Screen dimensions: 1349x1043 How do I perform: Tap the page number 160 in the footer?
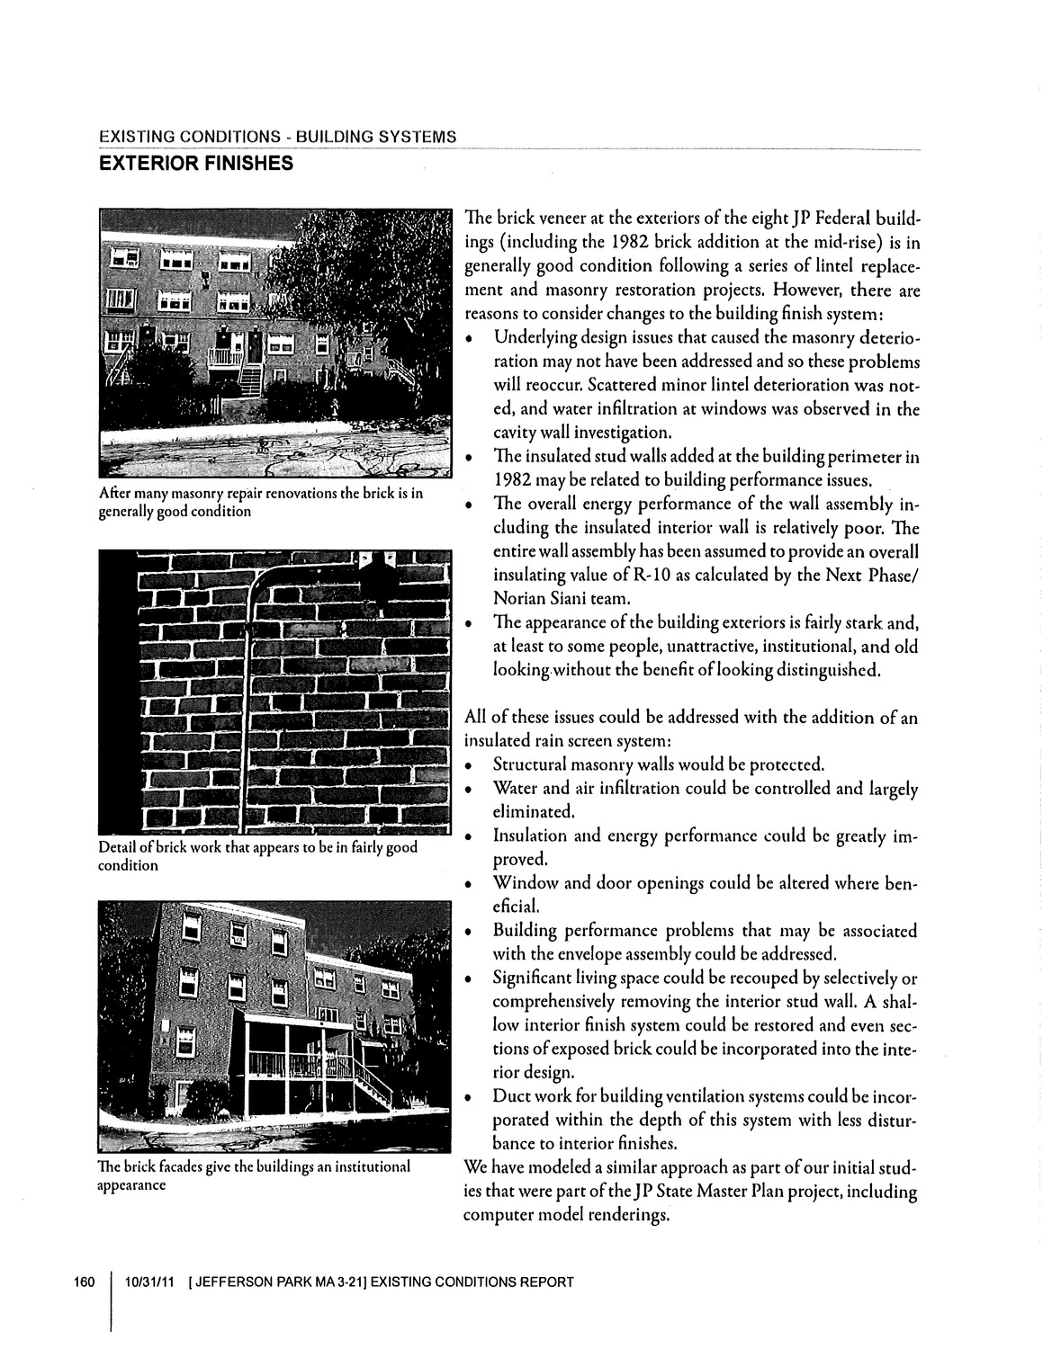tap(85, 1282)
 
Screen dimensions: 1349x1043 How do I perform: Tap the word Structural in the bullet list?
tap(535, 765)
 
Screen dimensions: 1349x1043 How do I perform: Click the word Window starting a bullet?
tap(526, 883)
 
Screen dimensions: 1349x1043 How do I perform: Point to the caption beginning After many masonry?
tap(261, 503)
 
